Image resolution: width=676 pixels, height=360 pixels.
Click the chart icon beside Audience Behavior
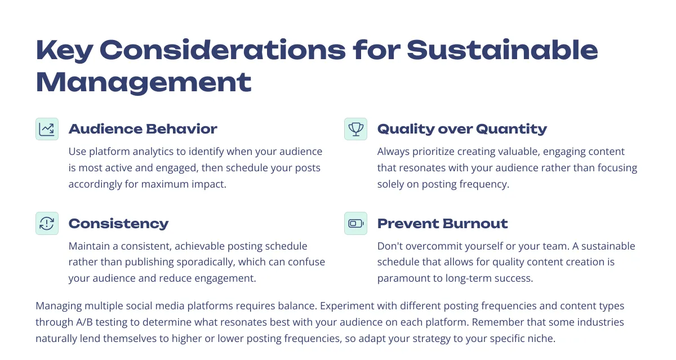[47, 129]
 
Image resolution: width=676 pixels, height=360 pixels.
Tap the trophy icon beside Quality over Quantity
[355, 129]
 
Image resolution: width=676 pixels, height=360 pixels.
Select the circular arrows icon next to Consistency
[47, 223]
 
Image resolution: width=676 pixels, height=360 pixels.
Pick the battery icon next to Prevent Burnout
[355, 223]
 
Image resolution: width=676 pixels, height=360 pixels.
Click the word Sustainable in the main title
[502, 50]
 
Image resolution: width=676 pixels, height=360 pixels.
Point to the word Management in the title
[144, 83]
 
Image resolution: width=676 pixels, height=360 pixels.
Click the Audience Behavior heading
[143, 129]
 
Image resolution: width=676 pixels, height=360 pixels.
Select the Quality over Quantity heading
[462, 129]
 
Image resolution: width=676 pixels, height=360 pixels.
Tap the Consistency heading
[118, 224]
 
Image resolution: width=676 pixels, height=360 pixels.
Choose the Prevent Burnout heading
[442, 224]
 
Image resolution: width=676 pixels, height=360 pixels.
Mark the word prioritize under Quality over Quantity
[433, 152]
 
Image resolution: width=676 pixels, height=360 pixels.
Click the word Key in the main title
[64, 50]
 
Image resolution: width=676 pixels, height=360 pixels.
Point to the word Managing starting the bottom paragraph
[59, 306]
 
